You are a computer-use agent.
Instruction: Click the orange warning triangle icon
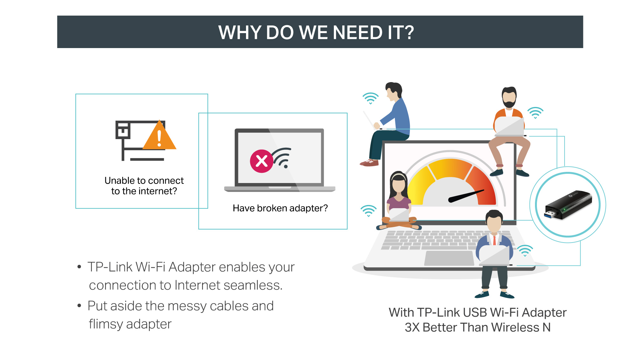(x=159, y=136)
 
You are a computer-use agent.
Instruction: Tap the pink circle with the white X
(x=262, y=161)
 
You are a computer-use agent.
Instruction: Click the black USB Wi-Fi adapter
(x=568, y=205)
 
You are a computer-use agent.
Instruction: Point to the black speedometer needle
(x=466, y=196)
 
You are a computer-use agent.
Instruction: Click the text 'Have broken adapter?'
(x=280, y=208)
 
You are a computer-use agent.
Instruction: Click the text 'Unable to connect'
(x=144, y=180)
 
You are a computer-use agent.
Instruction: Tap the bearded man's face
(x=509, y=97)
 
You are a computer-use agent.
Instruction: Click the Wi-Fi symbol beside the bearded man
(x=535, y=113)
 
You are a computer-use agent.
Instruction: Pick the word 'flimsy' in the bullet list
(x=106, y=324)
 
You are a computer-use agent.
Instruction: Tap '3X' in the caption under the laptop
(x=412, y=327)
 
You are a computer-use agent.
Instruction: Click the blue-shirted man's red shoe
(x=369, y=163)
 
